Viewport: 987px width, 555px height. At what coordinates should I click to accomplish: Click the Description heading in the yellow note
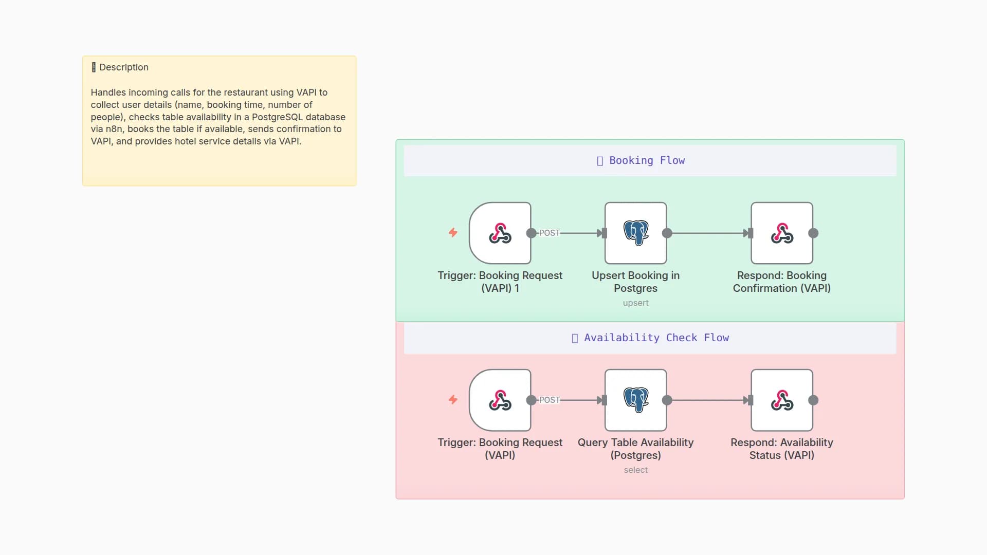[123, 67]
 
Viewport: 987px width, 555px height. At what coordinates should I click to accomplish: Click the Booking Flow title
[646, 160]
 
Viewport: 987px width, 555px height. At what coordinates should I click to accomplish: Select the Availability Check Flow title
[656, 338]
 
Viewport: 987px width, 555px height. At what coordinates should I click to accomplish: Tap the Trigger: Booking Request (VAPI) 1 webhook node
[500, 233]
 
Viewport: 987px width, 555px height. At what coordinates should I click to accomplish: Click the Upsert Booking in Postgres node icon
[635, 233]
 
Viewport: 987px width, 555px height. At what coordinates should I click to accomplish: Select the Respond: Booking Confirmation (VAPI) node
[781, 233]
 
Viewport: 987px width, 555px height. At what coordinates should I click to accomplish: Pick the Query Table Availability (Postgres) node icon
[635, 400]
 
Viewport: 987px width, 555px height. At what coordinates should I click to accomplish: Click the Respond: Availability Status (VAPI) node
[781, 400]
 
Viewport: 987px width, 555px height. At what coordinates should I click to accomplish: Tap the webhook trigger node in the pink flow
[500, 400]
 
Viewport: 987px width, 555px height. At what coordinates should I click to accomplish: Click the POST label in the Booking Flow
[549, 233]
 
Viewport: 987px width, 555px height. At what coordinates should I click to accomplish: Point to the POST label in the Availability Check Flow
[549, 400]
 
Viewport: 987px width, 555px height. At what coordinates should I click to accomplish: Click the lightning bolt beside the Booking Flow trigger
[453, 232]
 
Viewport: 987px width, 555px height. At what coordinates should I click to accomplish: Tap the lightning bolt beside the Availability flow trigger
[453, 399]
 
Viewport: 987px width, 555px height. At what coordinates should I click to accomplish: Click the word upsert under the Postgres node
[635, 303]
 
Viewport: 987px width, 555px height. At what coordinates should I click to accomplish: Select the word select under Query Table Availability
[635, 470]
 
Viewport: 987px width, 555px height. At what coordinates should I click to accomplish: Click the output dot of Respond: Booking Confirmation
[813, 233]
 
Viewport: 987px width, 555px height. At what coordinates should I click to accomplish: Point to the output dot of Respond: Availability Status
[813, 400]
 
